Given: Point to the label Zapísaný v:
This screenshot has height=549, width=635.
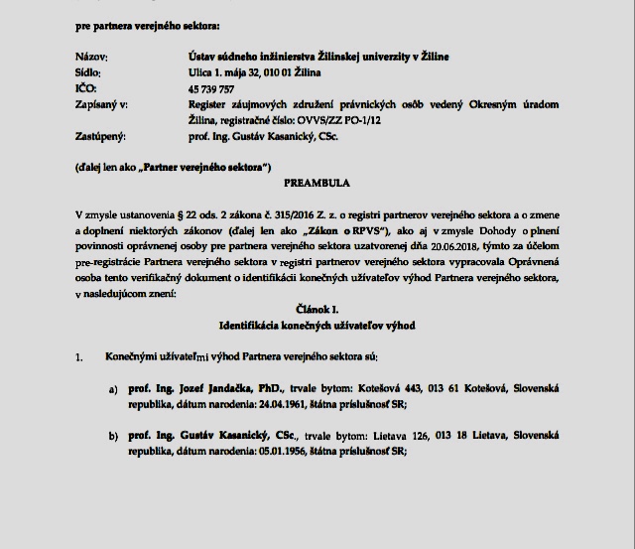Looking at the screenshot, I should (x=100, y=104).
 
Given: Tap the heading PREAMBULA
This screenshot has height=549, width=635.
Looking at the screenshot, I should (x=317, y=184).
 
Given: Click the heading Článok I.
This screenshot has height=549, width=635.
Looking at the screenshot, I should (x=317, y=310).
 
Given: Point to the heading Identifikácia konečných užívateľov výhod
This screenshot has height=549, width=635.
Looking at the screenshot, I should (x=317, y=326).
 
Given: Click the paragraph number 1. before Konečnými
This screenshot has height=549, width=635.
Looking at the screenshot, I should (x=79, y=356).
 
